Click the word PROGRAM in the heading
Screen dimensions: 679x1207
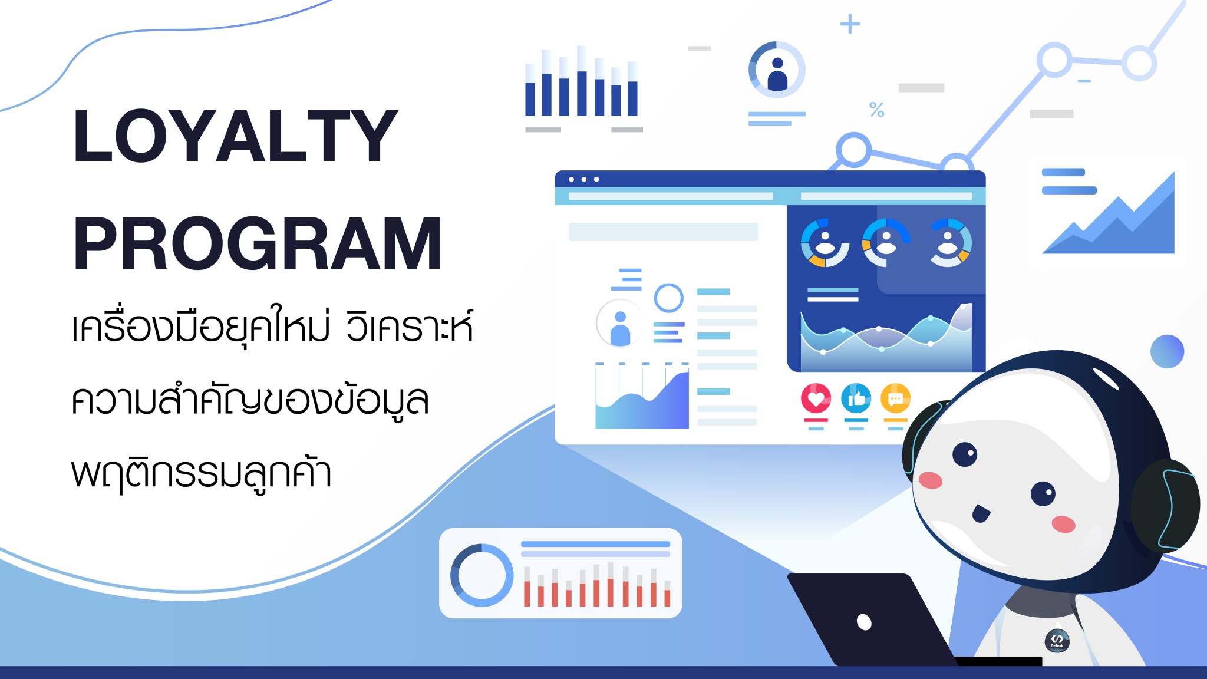click(x=258, y=244)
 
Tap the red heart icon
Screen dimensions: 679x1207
click(x=816, y=399)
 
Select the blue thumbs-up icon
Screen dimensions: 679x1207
click(x=856, y=399)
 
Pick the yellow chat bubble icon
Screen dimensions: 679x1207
click(x=895, y=399)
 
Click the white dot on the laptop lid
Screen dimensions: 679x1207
click(x=864, y=622)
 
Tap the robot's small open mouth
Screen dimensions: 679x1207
click(x=980, y=513)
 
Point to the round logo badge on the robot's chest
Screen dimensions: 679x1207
click(x=1057, y=640)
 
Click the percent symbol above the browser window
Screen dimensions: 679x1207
click(x=876, y=110)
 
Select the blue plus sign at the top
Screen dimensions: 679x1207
click(x=850, y=24)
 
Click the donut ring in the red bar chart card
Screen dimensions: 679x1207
click(x=482, y=575)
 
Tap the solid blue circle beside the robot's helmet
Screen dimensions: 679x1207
click(x=1167, y=352)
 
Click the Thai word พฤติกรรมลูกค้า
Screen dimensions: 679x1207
click(x=202, y=473)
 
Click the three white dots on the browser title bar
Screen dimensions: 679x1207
click(x=583, y=179)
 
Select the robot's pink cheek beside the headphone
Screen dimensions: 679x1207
click(x=1063, y=524)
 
